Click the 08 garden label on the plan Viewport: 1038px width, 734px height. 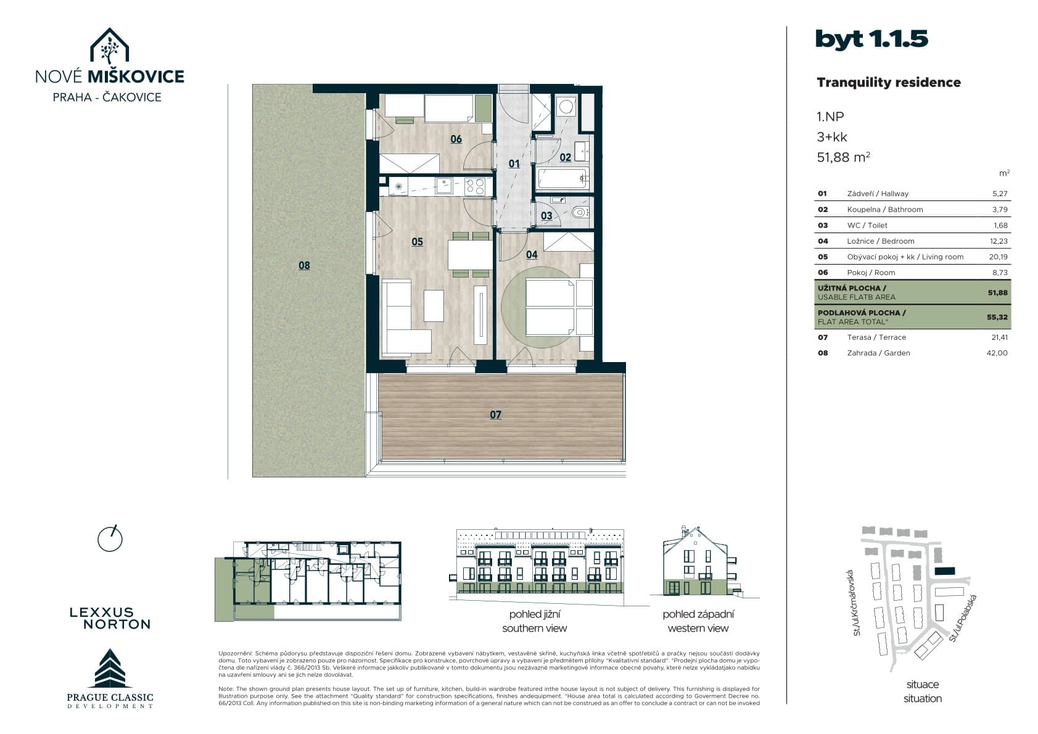coord(304,265)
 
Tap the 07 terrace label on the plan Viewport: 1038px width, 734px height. coord(495,414)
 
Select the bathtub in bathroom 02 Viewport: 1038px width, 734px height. coord(562,178)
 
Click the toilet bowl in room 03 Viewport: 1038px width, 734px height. coord(579,213)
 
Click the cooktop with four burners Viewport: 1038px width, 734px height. coord(475,186)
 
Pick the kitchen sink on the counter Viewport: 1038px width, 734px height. coord(444,186)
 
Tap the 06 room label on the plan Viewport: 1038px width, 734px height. coord(456,139)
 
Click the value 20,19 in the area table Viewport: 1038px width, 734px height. coord(1000,257)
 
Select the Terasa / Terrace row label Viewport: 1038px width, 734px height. coord(876,337)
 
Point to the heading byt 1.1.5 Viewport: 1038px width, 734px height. coord(871,39)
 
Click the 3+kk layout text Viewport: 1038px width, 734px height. coord(832,137)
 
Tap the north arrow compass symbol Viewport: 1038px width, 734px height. coord(110,538)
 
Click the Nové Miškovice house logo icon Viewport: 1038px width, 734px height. coord(109,46)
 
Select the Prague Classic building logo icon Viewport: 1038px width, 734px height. coord(110,668)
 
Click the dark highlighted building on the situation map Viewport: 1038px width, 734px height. coord(945,571)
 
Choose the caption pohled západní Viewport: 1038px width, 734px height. coord(698,614)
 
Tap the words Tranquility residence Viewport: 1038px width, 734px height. coord(888,83)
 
